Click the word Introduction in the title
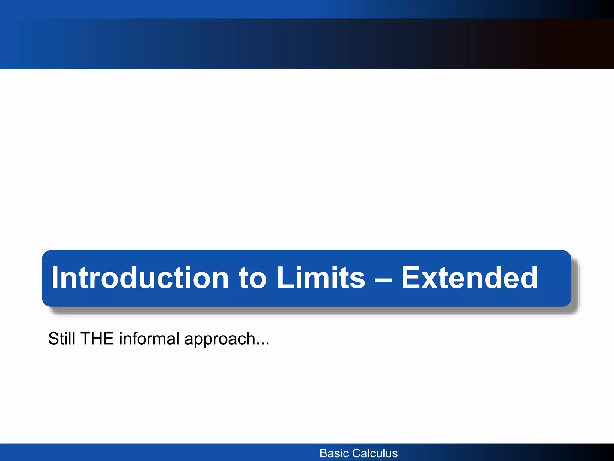[140, 278]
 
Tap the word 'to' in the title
[252, 279]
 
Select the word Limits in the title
[321, 278]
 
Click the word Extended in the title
[469, 278]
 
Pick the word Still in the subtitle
[61, 339]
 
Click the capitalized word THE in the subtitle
[97, 339]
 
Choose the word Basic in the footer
[333, 453]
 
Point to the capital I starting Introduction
[55, 278]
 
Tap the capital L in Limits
[284, 278]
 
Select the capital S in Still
[53, 339]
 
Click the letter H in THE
[97, 339]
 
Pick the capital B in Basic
[323, 453]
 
